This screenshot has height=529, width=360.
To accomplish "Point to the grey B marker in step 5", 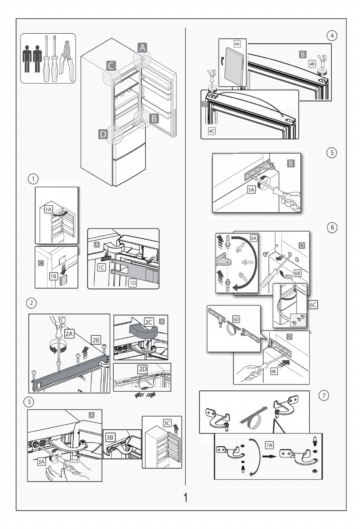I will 291,164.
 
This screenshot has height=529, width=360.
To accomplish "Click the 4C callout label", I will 212,132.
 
